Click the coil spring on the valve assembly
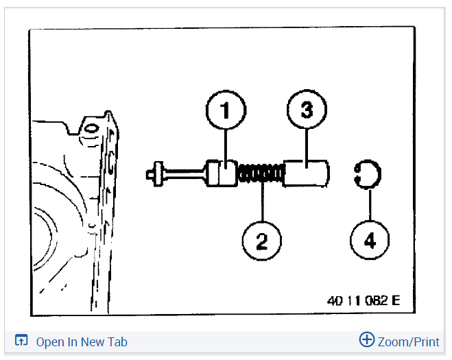click(261, 173)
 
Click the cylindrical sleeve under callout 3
click(306, 172)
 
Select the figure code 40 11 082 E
click(364, 300)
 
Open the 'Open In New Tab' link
click(82, 342)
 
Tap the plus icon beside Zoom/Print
click(367, 339)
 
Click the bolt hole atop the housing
click(89, 128)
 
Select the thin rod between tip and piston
click(184, 172)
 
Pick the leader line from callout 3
click(306, 145)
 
